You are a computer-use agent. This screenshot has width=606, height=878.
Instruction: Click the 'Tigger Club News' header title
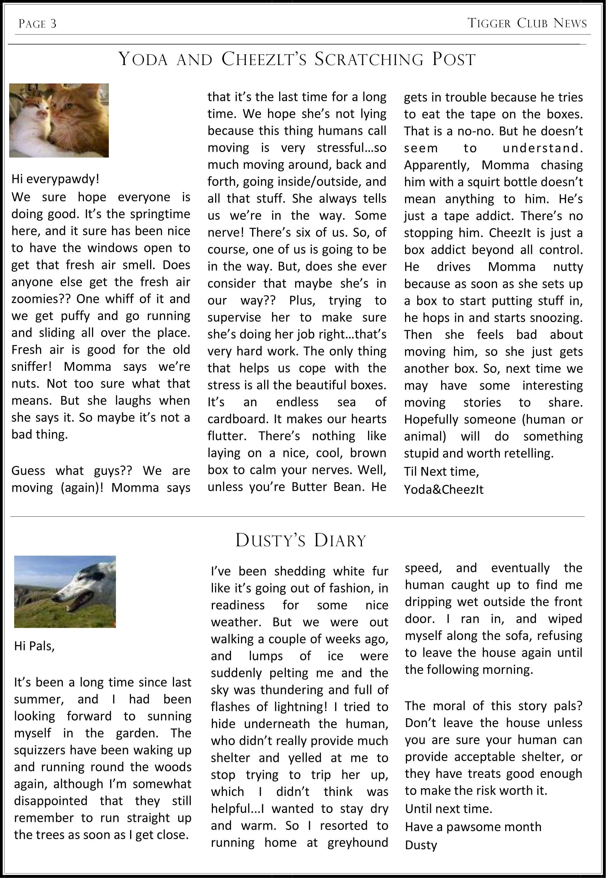[527, 24]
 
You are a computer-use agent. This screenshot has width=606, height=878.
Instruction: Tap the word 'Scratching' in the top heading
[369, 59]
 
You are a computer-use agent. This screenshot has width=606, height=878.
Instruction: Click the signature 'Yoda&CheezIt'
[443, 490]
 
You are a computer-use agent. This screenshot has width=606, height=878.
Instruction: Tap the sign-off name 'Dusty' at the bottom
[421, 845]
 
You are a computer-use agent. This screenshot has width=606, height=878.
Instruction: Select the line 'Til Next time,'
[441, 471]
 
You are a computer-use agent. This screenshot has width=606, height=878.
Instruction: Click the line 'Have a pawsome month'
[473, 827]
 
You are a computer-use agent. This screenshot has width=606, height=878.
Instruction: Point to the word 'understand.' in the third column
[543, 148]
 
